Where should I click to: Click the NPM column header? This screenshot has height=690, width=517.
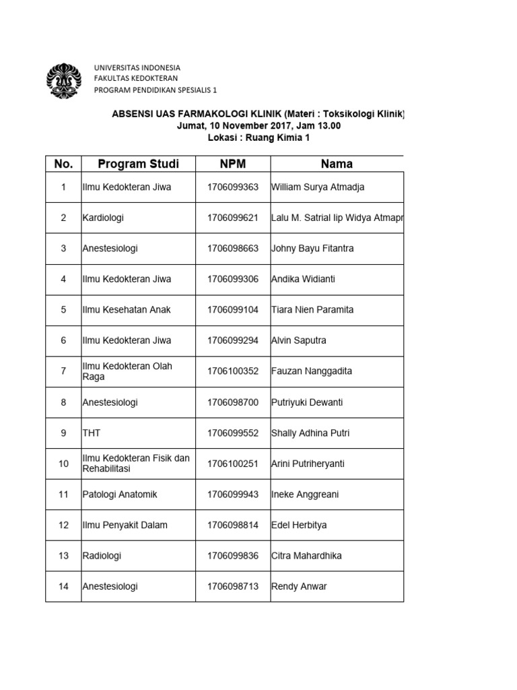(x=233, y=164)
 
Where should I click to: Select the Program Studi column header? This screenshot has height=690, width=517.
(x=138, y=164)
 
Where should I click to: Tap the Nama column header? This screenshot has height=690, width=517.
(x=337, y=164)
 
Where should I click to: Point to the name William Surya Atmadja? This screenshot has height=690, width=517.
(x=318, y=187)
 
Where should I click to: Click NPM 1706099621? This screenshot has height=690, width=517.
(x=233, y=218)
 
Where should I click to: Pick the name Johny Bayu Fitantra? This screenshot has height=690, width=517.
(x=312, y=249)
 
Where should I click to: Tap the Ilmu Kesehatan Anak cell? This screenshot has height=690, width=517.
(x=127, y=310)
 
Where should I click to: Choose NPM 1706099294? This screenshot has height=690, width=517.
(x=233, y=340)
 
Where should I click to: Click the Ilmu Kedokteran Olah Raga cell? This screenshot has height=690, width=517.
(x=127, y=371)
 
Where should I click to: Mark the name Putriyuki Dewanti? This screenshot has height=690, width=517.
(x=307, y=402)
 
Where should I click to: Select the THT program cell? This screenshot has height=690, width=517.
(x=92, y=433)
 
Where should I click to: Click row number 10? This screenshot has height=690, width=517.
(x=63, y=464)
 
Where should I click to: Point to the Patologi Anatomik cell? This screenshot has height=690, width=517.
(x=119, y=495)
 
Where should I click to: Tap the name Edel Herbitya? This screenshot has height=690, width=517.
(x=300, y=525)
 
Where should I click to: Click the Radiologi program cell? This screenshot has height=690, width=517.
(x=102, y=556)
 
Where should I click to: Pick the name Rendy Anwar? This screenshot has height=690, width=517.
(x=299, y=586)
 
